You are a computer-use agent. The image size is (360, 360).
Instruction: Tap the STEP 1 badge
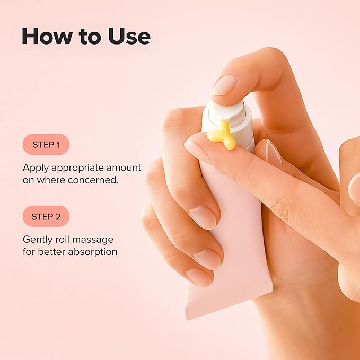point(46,144)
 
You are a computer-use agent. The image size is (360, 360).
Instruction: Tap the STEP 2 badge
point(46,216)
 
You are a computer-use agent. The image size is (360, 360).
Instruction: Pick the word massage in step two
point(95,240)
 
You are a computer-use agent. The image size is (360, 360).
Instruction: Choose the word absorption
point(90,252)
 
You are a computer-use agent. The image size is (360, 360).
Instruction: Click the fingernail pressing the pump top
point(224,85)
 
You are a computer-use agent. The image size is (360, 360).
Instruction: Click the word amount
point(124,168)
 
